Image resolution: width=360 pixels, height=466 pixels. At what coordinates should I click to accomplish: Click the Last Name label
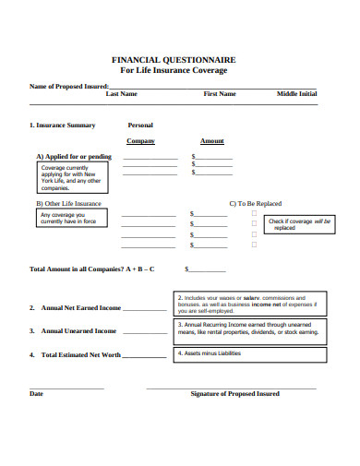[x=122, y=94]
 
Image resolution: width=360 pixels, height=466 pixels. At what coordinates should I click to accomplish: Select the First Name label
[x=220, y=94]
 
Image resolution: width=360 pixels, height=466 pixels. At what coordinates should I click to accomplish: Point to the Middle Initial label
[x=297, y=94]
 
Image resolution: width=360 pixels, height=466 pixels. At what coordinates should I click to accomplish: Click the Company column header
[x=140, y=141]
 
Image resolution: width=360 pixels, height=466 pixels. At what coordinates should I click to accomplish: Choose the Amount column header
[x=212, y=141]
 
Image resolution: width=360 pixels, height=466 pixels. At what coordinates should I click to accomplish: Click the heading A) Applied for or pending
[x=74, y=157]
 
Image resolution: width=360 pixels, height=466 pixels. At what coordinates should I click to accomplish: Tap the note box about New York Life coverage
[x=69, y=177]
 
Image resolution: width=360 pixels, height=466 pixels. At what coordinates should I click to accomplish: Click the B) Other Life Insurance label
[x=69, y=203]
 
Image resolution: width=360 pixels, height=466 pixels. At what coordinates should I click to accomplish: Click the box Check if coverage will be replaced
[x=298, y=224]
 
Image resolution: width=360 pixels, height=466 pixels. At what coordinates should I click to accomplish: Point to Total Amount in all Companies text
[x=92, y=269]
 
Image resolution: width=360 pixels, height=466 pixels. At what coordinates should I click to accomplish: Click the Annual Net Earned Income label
[x=80, y=308]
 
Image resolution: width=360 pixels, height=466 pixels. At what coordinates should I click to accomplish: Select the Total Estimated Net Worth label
[x=80, y=354]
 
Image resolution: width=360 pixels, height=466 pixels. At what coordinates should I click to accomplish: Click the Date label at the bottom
[x=37, y=394]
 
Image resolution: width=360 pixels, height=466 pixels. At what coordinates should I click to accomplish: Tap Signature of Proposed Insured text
[x=234, y=394]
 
